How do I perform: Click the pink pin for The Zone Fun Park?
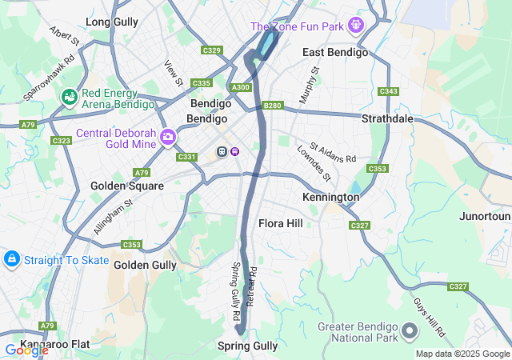(x=356, y=26)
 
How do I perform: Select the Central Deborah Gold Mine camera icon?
(x=168, y=137)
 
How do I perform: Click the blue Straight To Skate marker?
(x=12, y=259)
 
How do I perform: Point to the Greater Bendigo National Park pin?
(x=410, y=330)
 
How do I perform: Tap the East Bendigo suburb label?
(x=335, y=52)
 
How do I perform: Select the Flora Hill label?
(x=281, y=223)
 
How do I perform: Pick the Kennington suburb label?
(x=330, y=197)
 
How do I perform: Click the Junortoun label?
(x=485, y=217)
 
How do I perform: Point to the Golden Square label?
(x=127, y=186)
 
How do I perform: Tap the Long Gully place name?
(x=111, y=22)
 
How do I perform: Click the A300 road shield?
(x=240, y=87)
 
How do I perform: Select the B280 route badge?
(x=273, y=105)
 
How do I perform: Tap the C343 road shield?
(x=389, y=91)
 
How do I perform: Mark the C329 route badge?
(x=212, y=50)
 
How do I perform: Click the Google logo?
(x=26, y=350)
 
